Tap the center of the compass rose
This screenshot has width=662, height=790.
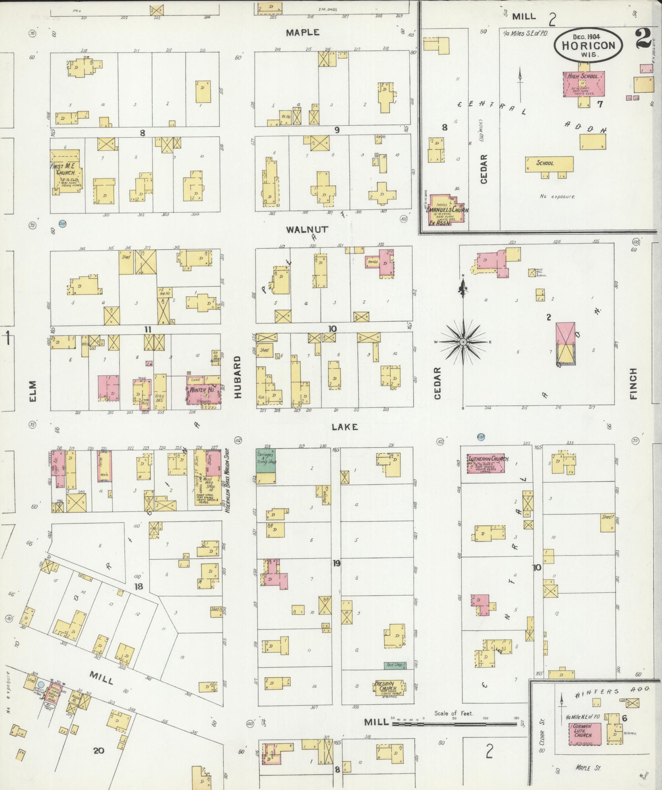tap(463, 342)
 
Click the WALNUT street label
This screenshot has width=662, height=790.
tap(307, 229)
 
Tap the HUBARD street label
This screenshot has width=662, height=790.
tap(238, 377)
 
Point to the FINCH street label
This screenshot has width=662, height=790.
tap(633, 384)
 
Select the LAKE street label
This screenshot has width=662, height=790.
tap(345, 427)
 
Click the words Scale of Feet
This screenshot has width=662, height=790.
tap(453, 713)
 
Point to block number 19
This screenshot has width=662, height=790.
tap(336, 563)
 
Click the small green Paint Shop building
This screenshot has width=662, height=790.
tap(395, 665)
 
